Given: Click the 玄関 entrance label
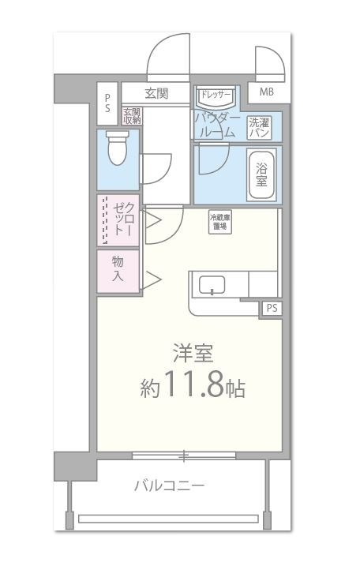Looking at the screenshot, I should tap(156, 93).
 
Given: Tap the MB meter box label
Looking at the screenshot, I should tap(266, 92).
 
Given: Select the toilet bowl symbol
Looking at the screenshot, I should tap(118, 148).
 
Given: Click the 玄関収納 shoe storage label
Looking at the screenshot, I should tap(132, 116).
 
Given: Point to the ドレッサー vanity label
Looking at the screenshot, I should tap(214, 96).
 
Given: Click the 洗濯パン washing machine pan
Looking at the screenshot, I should tap(260, 127).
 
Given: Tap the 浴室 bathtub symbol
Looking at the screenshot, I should tap(260, 170).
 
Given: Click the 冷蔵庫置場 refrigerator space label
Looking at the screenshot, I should tap(219, 222).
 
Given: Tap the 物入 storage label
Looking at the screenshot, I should tap(117, 268).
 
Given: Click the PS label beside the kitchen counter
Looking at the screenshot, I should tap(272, 308).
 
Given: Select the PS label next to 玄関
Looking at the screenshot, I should tap(108, 103).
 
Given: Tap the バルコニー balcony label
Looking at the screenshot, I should tap(169, 485).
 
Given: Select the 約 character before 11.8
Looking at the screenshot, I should tap(152, 388).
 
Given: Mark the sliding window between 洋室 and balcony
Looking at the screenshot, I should tap(183, 455).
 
